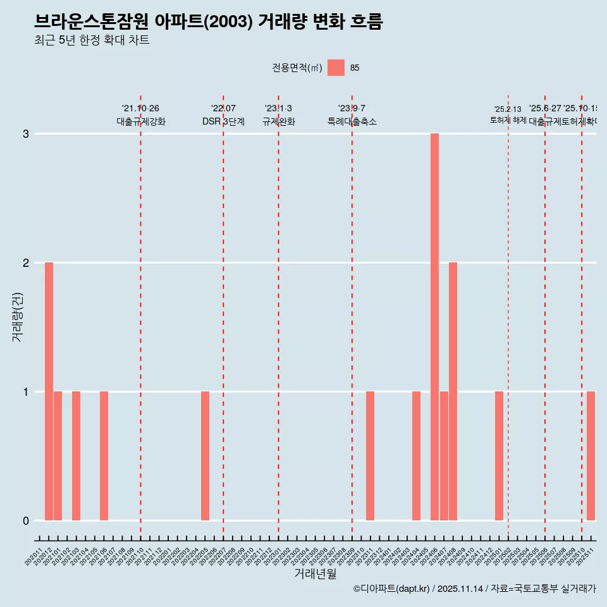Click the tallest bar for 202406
[x=434, y=327]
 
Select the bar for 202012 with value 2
[x=49, y=391]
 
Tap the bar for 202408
[x=453, y=391]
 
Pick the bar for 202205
[x=205, y=456]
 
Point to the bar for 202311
[x=370, y=456]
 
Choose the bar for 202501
[x=499, y=456]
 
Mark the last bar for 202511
[x=591, y=456]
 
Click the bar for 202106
[x=104, y=456]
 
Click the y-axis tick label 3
[x=26, y=134]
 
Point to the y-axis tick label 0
[x=26, y=520]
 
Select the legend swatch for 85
[x=336, y=68]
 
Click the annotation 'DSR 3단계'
[x=223, y=121]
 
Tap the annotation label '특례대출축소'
[x=352, y=121]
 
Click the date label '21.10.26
[x=140, y=109]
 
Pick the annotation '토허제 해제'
[x=508, y=120]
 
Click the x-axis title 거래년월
[x=315, y=573]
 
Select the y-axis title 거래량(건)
[x=18, y=317]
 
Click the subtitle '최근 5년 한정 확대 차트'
[x=92, y=40]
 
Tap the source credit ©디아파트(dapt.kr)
[x=392, y=589]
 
